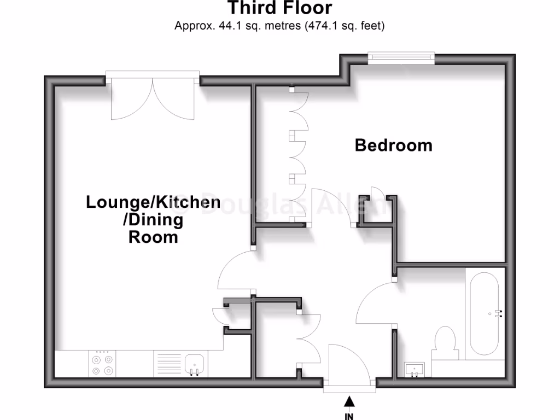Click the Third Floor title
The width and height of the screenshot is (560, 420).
pyautogui.click(x=279, y=8)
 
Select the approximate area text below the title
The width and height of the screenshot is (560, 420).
pyautogui.click(x=279, y=25)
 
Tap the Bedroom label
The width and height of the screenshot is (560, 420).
pyautogui.click(x=393, y=145)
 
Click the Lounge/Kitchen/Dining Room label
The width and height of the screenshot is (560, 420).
pyautogui.click(x=153, y=219)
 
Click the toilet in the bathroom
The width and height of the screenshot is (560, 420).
pyautogui.click(x=445, y=342)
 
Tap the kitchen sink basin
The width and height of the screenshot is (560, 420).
pyautogui.click(x=195, y=364)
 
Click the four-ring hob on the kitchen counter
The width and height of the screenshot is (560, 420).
pyautogui.click(x=103, y=365)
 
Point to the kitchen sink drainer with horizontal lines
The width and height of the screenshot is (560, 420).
pyautogui.click(x=168, y=364)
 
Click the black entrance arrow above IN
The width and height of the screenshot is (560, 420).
pyautogui.click(x=349, y=402)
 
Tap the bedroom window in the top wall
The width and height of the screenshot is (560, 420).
pyautogui.click(x=401, y=57)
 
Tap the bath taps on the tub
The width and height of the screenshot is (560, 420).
pyautogui.click(x=498, y=313)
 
